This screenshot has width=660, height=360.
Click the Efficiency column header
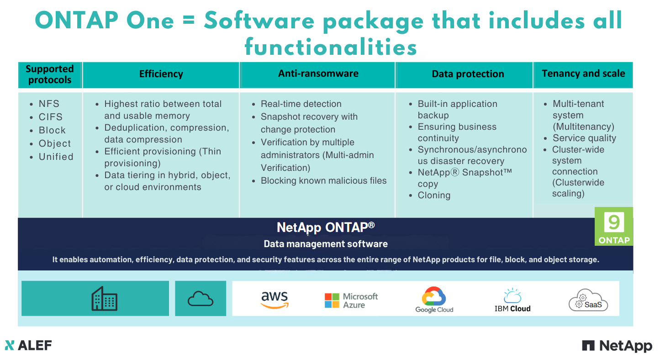click(161, 74)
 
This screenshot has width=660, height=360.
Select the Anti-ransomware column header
click(318, 74)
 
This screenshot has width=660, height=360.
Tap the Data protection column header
click(468, 74)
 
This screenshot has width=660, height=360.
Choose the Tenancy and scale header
click(583, 74)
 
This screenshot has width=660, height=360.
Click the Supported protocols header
click(49, 74)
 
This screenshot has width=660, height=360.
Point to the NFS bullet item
click(49, 104)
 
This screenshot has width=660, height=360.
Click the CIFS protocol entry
click(50, 117)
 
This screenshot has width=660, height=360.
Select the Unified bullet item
click(56, 157)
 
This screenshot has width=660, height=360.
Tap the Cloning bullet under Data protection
click(434, 196)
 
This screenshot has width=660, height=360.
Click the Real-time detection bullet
click(301, 104)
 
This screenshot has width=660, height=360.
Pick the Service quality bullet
click(584, 138)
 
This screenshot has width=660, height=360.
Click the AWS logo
click(275, 300)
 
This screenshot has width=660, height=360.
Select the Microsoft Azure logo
click(351, 301)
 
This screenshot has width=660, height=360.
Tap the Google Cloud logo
click(434, 300)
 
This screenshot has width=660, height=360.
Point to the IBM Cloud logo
click(512, 300)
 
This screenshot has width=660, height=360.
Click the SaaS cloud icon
click(588, 300)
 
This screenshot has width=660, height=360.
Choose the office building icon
click(104, 298)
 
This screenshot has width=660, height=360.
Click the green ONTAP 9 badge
click(614, 226)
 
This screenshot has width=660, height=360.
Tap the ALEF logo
click(28, 345)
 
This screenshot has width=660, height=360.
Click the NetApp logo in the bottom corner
click(617, 346)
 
